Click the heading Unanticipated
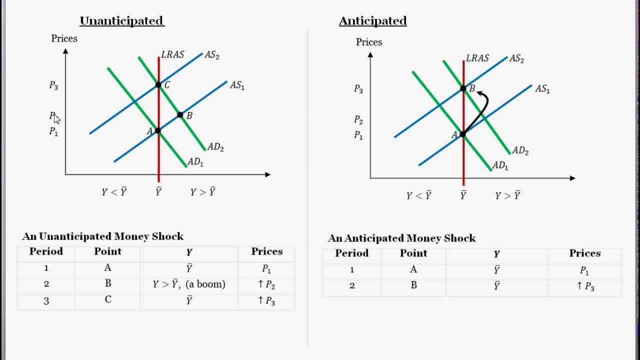[x=122, y=21]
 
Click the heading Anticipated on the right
[x=372, y=21]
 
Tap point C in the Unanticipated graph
[x=158, y=85]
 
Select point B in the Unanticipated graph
[x=180, y=115]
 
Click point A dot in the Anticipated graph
[x=463, y=134]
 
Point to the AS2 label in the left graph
[x=212, y=55]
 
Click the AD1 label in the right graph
[x=500, y=165]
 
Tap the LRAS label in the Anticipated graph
[x=477, y=58]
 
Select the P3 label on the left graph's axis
[x=53, y=85]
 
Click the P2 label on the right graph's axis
[x=358, y=119]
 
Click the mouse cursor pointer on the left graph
[x=56, y=118]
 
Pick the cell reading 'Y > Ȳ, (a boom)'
[x=189, y=284]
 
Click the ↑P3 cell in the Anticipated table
[x=584, y=286]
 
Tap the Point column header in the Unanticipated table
[x=107, y=251]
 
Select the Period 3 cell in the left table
[x=46, y=301]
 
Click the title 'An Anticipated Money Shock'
[x=401, y=238]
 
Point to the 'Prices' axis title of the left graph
[x=64, y=38]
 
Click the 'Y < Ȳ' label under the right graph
[x=418, y=195]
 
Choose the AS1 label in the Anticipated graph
[x=542, y=89]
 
